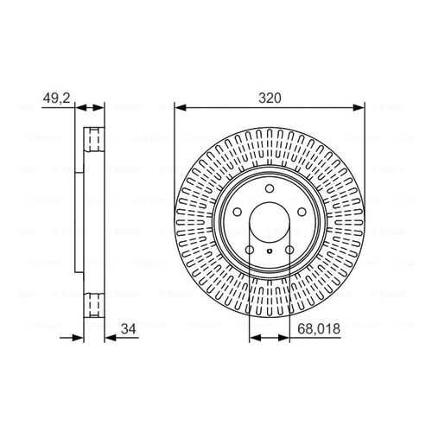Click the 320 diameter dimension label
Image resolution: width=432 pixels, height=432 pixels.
[x=270, y=98]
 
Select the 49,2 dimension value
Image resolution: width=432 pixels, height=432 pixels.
[x=56, y=98]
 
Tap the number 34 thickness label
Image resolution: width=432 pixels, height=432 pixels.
[x=129, y=329]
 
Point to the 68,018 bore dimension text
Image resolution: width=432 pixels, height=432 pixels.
[x=319, y=329]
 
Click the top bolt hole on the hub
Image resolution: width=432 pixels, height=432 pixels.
[x=270, y=189]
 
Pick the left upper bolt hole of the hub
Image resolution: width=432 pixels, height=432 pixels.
[x=238, y=213]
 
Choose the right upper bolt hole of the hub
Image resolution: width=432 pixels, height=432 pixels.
[x=302, y=213]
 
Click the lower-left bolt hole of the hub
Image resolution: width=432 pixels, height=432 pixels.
[x=250, y=250]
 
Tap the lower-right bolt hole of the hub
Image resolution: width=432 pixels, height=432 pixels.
[x=289, y=250]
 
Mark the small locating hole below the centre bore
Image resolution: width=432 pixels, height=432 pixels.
[x=270, y=251]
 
